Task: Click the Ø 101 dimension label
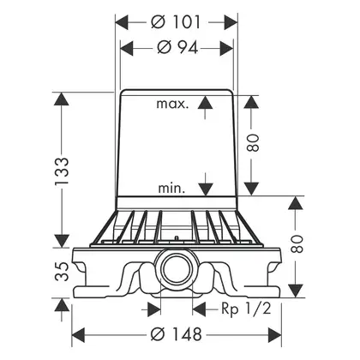pos(176,21)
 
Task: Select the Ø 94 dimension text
pos(177,47)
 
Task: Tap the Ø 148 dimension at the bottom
pos(177,334)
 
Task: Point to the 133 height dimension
pos(62,171)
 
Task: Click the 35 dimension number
pos(62,272)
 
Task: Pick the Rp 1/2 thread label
pos(246,309)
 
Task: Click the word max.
pos(172,104)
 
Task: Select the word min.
pos(171,189)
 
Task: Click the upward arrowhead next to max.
pos(205,102)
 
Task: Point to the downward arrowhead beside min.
pos(206,189)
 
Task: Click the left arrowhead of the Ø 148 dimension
pos(78,335)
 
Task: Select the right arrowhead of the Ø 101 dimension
pos(231,22)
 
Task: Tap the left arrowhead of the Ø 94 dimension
pos(127,48)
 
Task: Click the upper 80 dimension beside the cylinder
pos(253,142)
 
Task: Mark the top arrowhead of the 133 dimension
pos(62,99)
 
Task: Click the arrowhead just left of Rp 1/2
pos(200,309)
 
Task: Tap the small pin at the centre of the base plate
pos(177,238)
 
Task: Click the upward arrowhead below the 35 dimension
pos(62,304)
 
